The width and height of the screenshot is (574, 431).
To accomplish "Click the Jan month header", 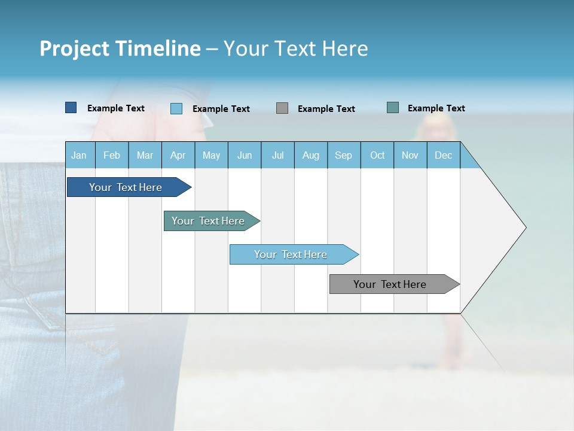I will [79, 155].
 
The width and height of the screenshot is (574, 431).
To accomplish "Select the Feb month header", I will [112, 155].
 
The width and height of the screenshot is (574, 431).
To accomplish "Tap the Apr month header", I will [178, 155].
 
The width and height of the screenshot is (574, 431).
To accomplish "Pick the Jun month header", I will [245, 155].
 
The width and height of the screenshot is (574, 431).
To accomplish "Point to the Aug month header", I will [310, 155].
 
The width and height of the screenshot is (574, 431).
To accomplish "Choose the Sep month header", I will [343, 155].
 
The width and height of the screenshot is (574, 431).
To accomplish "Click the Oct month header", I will [377, 155].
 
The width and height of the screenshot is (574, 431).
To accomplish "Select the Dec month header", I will [443, 155].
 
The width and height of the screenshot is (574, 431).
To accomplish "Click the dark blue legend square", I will [71, 108].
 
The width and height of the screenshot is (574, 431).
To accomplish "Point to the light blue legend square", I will [176, 108].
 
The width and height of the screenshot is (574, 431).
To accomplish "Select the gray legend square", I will [282, 108].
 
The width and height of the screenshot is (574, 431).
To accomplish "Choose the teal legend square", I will [393, 108].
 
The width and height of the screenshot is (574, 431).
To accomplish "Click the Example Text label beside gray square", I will [326, 109].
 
